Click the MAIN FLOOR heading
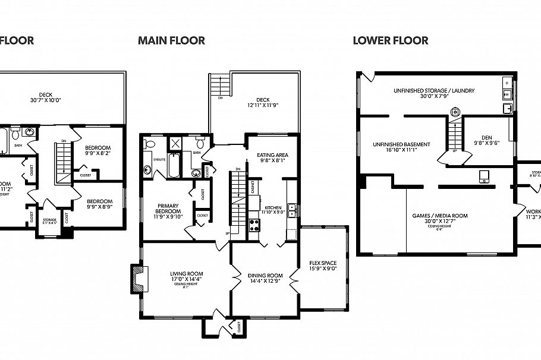171,41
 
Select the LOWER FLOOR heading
390,41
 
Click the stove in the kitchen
254,225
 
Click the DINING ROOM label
265,278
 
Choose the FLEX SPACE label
323,265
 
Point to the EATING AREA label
273,157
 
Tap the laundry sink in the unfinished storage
507,108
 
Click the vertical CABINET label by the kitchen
252,188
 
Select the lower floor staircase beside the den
455,135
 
